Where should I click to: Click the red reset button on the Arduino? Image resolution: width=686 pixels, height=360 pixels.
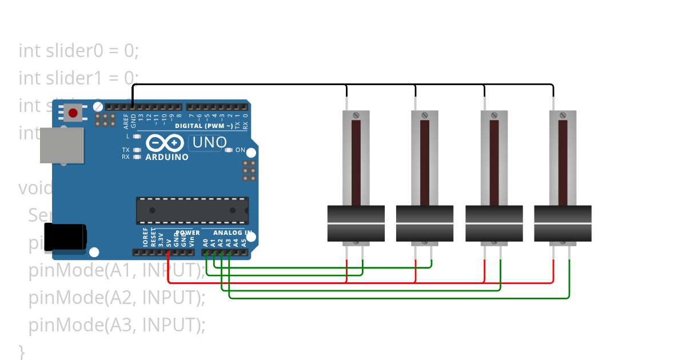pyautogui.click(x=73, y=113)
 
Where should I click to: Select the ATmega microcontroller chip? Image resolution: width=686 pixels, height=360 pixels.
pyautogui.click(x=192, y=210)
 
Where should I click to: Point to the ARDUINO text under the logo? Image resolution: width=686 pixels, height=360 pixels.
pyautogui.click(x=166, y=157)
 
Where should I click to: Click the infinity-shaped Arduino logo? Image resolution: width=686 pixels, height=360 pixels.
pyautogui.click(x=165, y=142)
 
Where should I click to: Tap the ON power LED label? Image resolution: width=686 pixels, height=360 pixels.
pyautogui.click(x=240, y=150)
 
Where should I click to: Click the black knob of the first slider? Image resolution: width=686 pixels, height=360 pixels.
pyautogui.click(x=356, y=223)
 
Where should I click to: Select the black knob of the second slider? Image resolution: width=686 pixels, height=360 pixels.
pyautogui.click(x=425, y=223)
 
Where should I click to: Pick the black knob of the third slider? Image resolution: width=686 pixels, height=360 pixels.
pyautogui.click(x=494, y=223)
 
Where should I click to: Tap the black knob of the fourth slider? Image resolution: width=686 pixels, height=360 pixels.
pyautogui.click(x=563, y=223)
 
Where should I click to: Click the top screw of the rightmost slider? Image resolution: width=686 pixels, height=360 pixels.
pyautogui.click(x=563, y=115)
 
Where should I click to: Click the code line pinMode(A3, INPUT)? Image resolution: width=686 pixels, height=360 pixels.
pyautogui.click(x=117, y=325)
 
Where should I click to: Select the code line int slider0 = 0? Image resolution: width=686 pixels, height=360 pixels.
pyautogui.click(x=78, y=51)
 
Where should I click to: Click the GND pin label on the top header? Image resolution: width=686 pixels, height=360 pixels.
pyautogui.click(x=133, y=120)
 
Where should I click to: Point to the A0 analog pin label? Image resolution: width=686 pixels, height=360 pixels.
pyautogui.click(x=206, y=242)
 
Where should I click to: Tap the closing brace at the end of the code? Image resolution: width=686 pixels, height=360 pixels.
pyautogui.click(x=22, y=350)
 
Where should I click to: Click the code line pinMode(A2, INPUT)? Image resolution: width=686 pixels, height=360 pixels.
pyautogui.click(x=117, y=298)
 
